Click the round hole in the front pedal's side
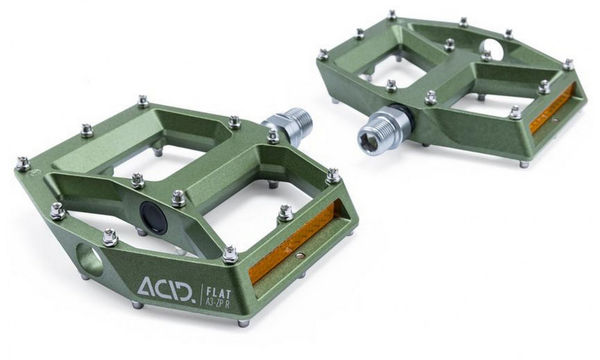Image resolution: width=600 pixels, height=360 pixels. (x=89, y=258)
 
